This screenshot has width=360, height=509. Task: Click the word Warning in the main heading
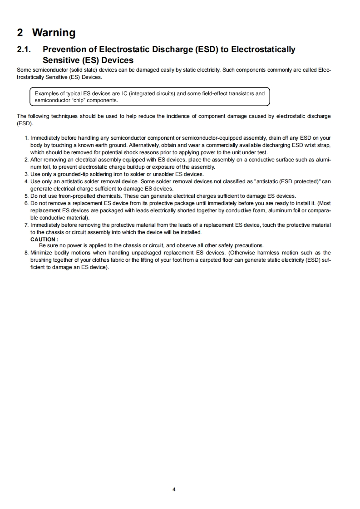coord(54,33)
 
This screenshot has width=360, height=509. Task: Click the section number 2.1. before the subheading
coord(24,49)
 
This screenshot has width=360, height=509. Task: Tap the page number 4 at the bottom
coord(174,489)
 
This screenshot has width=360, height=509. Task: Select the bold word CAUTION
coord(44,239)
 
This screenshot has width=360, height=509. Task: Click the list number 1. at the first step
coord(27,137)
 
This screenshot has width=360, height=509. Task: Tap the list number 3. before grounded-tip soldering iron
coord(26,174)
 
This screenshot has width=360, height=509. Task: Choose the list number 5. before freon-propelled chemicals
coord(26,196)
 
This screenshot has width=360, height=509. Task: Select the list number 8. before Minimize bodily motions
coord(26,253)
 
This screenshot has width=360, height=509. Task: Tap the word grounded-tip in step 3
coord(68,174)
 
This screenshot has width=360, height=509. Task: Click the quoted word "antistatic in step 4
coord(268,181)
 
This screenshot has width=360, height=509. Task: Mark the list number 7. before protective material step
coord(26,225)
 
